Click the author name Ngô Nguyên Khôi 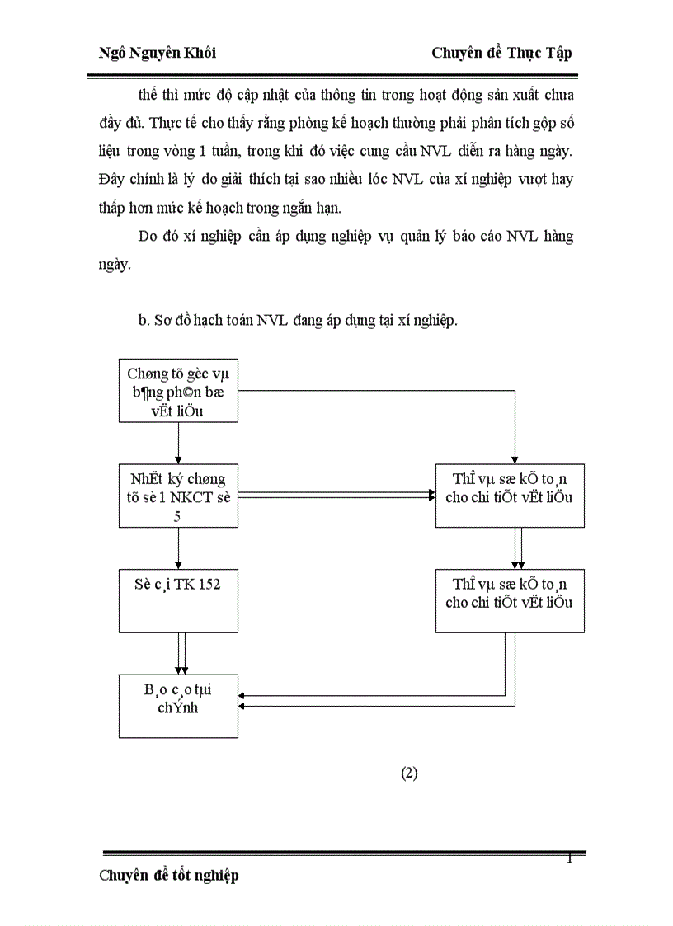(x=158, y=53)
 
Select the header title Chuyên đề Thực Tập (x=501, y=53)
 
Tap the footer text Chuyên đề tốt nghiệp (x=169, y=876)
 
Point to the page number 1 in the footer (x=569, y=860)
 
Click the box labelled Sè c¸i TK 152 (x=178, y=599)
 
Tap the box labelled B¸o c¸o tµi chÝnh (x=178, y=706)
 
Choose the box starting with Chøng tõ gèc (x=178, y=392)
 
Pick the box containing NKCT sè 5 (x=178, y=496)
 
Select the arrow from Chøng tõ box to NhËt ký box (x=179, y=444)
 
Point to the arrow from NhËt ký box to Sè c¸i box (x=179, y=548)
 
